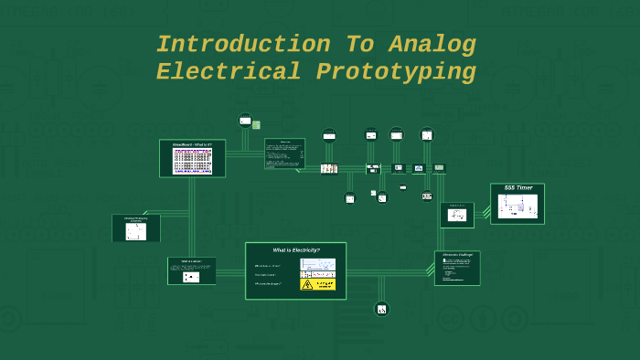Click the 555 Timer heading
pyautogui.click(x=517, y=188)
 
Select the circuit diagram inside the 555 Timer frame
pyautogui.click(x=517, y=206)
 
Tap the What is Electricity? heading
pyautogui.click(x=295, y=249)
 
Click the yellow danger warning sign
pyautogui.click(x=318, y=284)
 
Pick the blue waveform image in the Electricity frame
pyautogui.click(x=317, y=266)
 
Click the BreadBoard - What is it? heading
pyautogui.click(x=192, y=144)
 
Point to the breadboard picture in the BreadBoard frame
pyautogui.click(x=192, y=161)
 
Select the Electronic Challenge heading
pyautogui.click(x=456, y=255)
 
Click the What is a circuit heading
pyautogui.click(x=191, y=261)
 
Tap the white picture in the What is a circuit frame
pyautogui.click(x=191, y=276)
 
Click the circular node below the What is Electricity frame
pyautogui.click(x=381, y=309)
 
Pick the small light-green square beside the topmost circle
pyautogui.click(x=256, y=125)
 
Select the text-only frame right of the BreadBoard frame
pyautogui.click(x=284, y=154)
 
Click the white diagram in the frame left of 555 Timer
pyautogui.click(x=457, y=216)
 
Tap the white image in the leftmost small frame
pyautogui.click(x=135, y=231)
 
